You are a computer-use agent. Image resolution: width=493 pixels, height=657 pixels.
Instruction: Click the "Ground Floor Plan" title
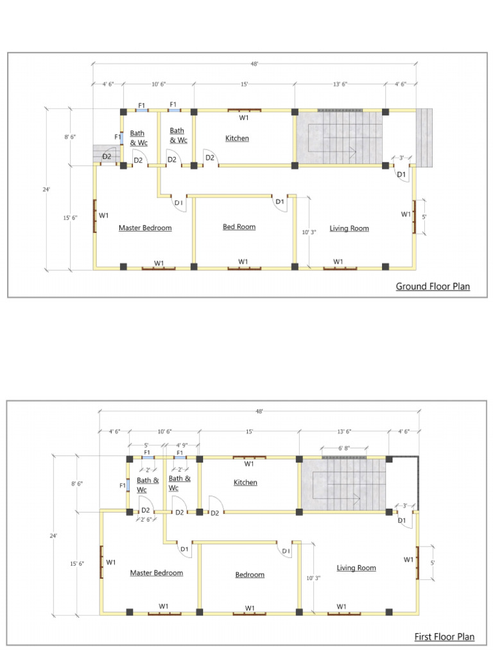[433, 286]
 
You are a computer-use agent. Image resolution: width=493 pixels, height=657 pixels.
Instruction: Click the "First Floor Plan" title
[444, 636]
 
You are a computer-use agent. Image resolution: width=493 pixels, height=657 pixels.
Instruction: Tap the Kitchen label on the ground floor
[237, 139]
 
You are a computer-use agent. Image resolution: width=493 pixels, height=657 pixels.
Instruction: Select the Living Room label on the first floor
[356, 568]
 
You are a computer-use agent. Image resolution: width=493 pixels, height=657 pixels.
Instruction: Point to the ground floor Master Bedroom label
[145, 228]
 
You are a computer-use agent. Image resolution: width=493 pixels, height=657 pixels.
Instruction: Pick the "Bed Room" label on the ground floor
[239, 226]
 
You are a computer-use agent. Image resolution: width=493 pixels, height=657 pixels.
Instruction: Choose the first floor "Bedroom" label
[250, 575]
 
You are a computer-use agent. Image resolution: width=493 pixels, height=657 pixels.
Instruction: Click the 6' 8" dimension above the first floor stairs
[344, 448]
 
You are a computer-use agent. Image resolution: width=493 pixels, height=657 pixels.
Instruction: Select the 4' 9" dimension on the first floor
[182, 444]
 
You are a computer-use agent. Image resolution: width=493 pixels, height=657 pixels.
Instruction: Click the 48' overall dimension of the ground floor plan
[255, 64]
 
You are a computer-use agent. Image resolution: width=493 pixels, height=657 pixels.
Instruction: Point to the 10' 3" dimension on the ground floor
[309, 232]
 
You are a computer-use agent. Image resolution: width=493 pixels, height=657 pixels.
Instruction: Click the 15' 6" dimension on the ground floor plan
[70, 218]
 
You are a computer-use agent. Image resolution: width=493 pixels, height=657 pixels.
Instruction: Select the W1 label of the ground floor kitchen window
[244, 118]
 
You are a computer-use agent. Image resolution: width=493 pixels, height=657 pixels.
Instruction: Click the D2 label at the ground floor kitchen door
[210, 158]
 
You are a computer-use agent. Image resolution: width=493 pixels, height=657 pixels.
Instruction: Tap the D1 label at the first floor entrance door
[401, 520]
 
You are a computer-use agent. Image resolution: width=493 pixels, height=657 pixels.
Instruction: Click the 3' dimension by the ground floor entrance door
[401, 158]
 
